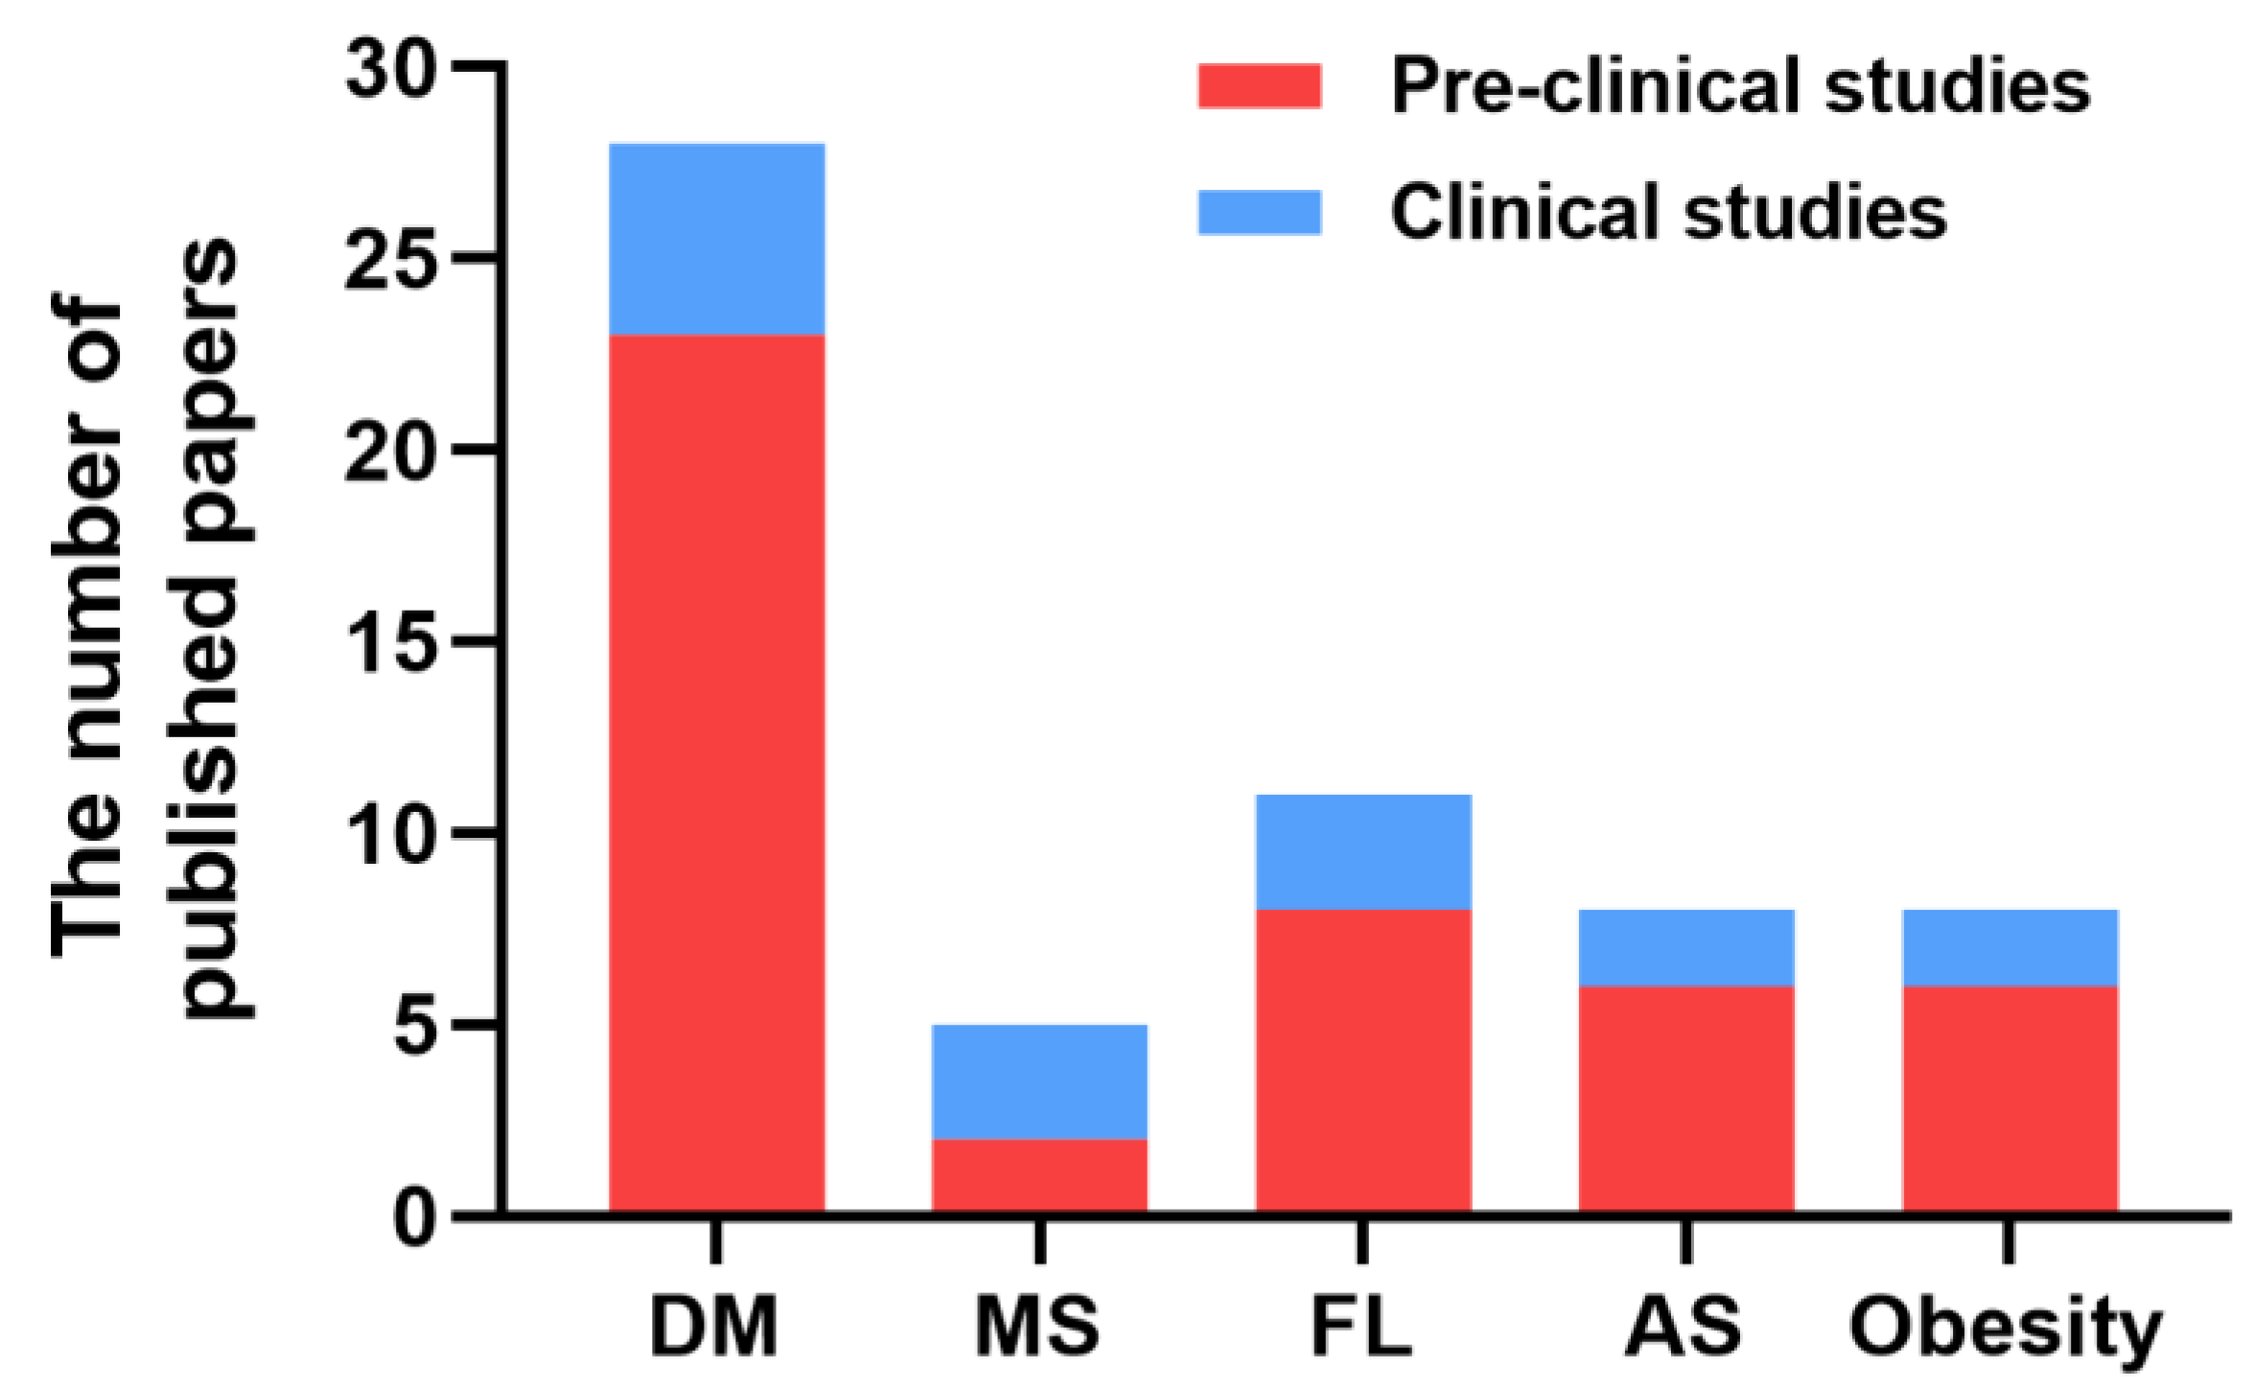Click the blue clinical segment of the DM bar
click(x=717, y=239)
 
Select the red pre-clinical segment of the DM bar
click(x=717, y=772)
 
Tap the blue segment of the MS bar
click(x=1039, y=1081)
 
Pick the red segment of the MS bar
click(x=1039, y=1175)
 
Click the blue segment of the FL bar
click(x=1363, y=851)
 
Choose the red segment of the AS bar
click(x=1686, y=1099)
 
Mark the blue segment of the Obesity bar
click(x=2009, y=947)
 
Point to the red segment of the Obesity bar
click(x=2009, y=1099)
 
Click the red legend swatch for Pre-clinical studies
click(x=1260, y=86)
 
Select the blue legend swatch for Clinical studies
click(x=1260, y=212)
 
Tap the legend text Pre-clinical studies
click(x=1739, y=86)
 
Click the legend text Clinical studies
click(x=1668, y=212)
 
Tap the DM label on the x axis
click(x=714, y=1328)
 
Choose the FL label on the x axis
click(x=1361, y=1328)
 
